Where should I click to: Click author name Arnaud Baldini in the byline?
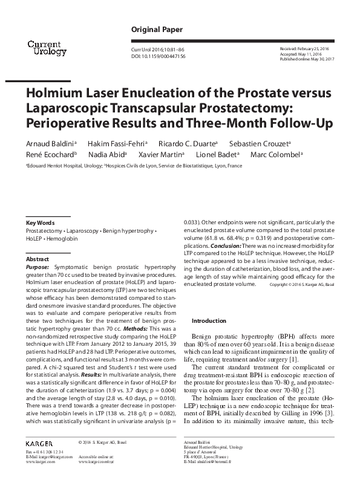click(x=50, y=143)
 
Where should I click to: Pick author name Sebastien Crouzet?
click(x=267, y=143)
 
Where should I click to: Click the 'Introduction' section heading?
click(x=208, y=320)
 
